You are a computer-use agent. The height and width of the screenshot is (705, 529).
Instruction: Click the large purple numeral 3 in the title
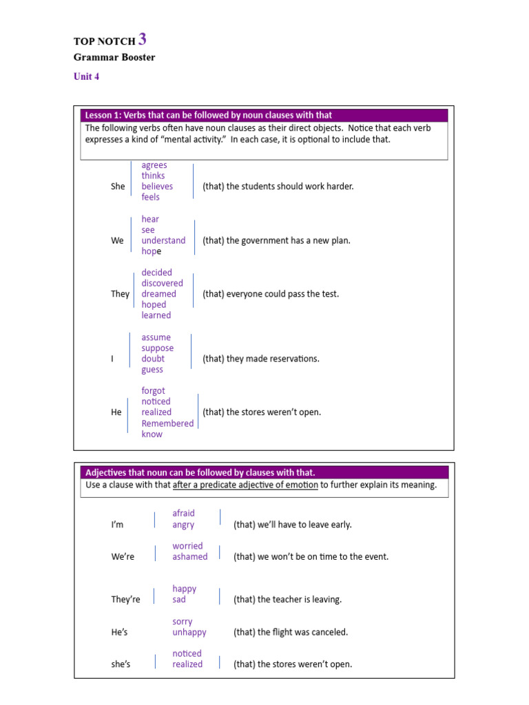pyautogui.click(x=143, y=39)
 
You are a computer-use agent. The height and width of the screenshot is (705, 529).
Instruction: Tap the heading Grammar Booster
pyautogui.click(x=114, y=57)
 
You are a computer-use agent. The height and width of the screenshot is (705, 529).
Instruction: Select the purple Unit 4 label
pyautogui.click(x=86, y=76)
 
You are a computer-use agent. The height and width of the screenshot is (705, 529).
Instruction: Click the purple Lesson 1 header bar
pyautogui.click(x=264, y=115)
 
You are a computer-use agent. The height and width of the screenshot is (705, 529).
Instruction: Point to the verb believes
pyautogui.click(x=157, y=187)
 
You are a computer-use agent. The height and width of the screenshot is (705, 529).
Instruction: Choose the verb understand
pyautogui.click(x=163, y=240)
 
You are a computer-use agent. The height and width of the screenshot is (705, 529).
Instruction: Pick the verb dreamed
pyautogui.click(x=158, y=294)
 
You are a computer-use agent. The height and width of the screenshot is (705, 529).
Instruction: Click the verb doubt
pyautogui.click(x=153, y=359)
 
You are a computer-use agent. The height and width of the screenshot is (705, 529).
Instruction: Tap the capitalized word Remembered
pyautogui.click(x=167, y=423)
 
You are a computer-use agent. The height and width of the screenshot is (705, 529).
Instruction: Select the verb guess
pyautogui.click(x=152, y=370)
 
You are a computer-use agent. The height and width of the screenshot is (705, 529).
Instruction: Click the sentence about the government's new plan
pyautogui.click(x=276, y=240)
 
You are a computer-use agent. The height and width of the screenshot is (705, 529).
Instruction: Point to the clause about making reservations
pyautogui.click(x=260, y=359)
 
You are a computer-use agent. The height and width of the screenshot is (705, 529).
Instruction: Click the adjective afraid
pyautogui.click(x=183, y=513)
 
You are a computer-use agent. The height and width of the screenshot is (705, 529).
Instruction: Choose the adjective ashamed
pyautogui.click(x=189, y=557)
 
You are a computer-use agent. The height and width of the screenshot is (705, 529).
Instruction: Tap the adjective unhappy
pyautogui.click(x=189, y=632)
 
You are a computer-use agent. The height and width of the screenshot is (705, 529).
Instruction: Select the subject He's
pyautogui.click(x=120, y=632)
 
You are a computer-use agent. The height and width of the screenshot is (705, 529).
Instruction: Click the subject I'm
pyautogui.click(x=117, y=525)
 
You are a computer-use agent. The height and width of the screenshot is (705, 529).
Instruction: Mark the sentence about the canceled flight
pyautogui.click(x=291, y=632)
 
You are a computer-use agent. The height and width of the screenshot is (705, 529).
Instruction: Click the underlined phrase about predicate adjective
pyautogui.click(x=245, y=485)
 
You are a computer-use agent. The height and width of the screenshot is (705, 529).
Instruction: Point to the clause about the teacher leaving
pyautogui.click(x=287, y=600)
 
